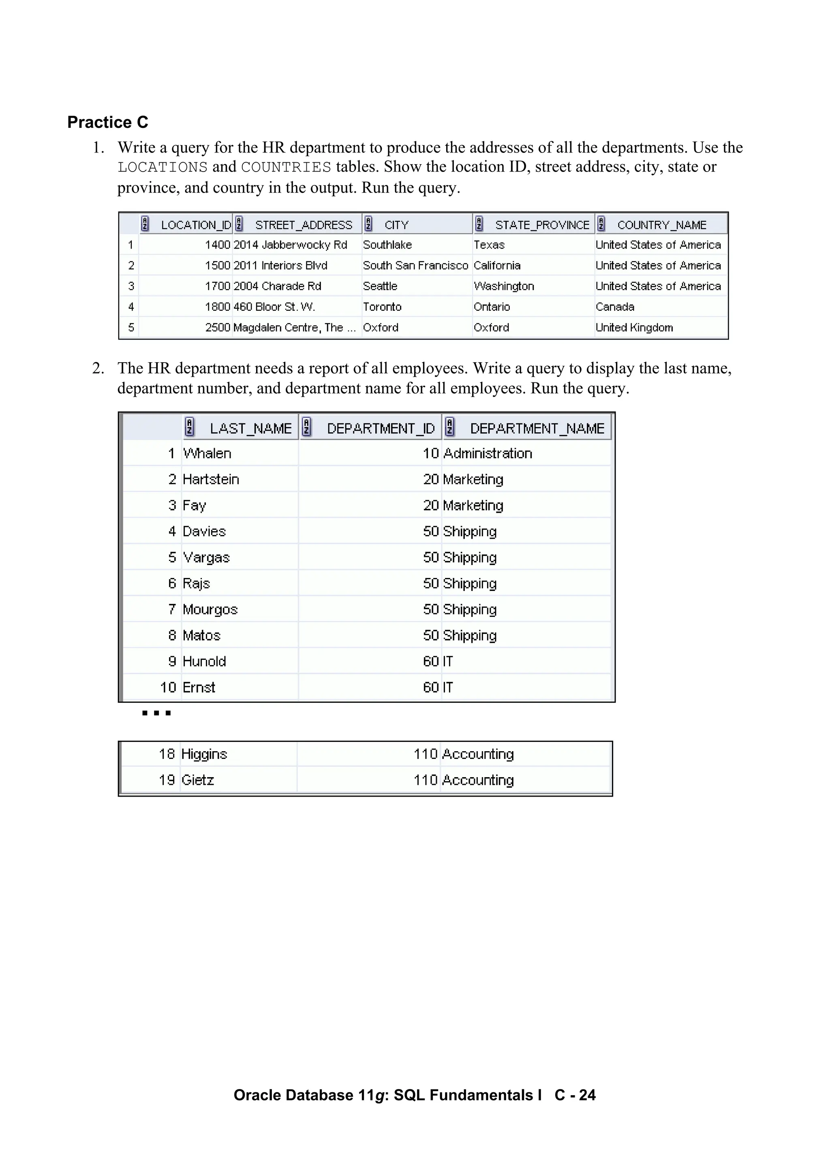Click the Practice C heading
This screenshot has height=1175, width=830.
(107, 122)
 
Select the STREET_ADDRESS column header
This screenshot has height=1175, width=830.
(303, 225)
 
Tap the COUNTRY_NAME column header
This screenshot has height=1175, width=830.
(661, 225)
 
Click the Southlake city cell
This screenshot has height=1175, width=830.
(387, 245)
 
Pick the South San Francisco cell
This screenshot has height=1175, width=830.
(415, 266)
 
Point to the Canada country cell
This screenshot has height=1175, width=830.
(615, 307)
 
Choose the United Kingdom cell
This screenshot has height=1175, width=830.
(634, 328)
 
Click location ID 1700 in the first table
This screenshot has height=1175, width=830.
(217, 286)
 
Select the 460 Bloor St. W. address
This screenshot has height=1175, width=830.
(274, 307)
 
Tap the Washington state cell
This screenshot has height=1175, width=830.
(504, 286)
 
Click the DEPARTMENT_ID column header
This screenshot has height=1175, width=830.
(381, 428)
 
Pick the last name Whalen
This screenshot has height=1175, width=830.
(207, 453)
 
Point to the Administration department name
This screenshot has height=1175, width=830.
(488, 453)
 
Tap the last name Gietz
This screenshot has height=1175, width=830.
(197, 780)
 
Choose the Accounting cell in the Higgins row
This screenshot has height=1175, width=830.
(478, 754)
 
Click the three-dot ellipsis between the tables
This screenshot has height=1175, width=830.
(156, 713)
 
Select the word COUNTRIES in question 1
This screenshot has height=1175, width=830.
(286, 168)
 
